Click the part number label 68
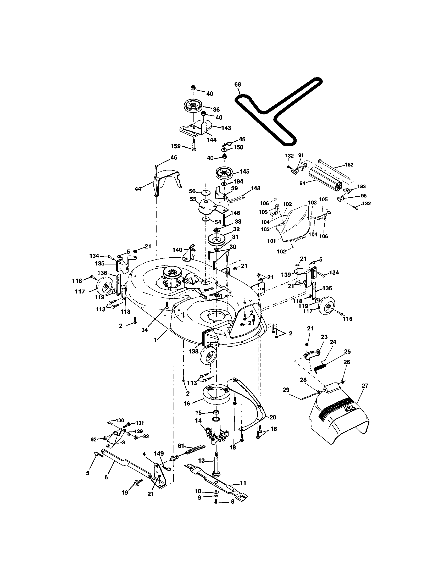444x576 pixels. (x=237, y=85)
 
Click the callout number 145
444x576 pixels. (x=244, y=171)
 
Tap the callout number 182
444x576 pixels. (x=349, y=165)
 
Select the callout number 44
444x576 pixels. (x=138, y=189)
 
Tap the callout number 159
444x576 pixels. (x=176, y=146)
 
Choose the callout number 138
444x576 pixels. (x=193, y=351)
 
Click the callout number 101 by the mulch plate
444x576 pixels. (x=271, y=241)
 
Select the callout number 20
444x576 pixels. (x=273, y=418)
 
